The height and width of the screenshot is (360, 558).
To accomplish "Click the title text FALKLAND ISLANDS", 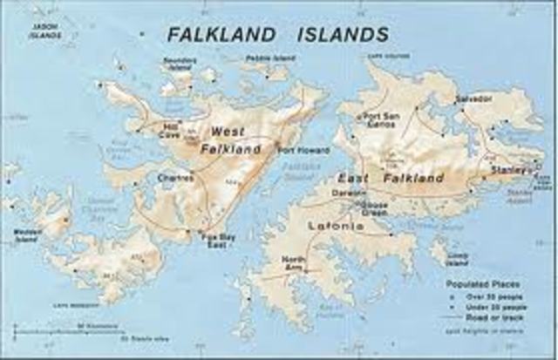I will pos(276,34).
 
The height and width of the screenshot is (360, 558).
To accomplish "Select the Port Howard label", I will pos(304,150).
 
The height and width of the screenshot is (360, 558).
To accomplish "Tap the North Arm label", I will pos(294,262).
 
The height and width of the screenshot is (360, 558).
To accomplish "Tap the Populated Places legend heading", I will pos(478,284).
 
